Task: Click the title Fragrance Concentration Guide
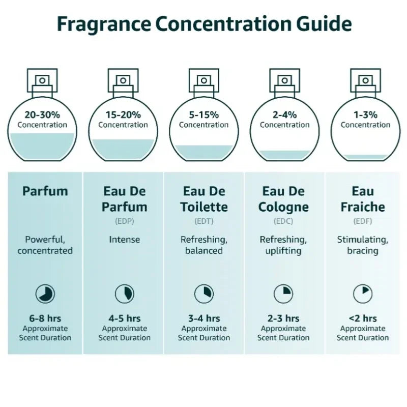coord(203,24)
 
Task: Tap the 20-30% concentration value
coord(42,115)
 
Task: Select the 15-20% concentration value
coord(123,115)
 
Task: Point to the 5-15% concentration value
coord(203,115)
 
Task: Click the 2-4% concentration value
coord(284,115)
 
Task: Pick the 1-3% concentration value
coord(365,115)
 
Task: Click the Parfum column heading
coord(45,192)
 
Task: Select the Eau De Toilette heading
coord(203,199)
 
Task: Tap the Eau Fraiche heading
coord(363,199)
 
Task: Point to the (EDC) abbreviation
coord(283,221)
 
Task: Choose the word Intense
coord(124,239)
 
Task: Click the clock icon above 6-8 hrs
coord(45,294)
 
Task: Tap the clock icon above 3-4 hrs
coord(203,294)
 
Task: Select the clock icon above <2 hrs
coord(363,294)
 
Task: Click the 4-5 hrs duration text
coord(124,318)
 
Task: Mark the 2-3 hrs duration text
coord(283,318)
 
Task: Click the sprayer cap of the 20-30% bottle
coord(42,80)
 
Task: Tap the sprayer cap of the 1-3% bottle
coord(365,80)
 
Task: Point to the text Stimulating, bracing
coord(363,245)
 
